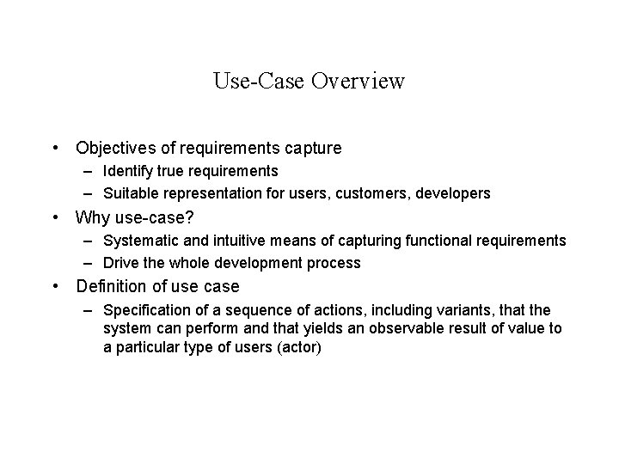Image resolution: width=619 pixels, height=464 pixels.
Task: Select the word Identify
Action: [128, 172]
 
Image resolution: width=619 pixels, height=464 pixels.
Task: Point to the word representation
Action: [215, 194]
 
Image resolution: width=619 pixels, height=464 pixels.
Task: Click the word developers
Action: [452, 194]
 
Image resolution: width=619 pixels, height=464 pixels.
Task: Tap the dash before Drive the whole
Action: [89, 263]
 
